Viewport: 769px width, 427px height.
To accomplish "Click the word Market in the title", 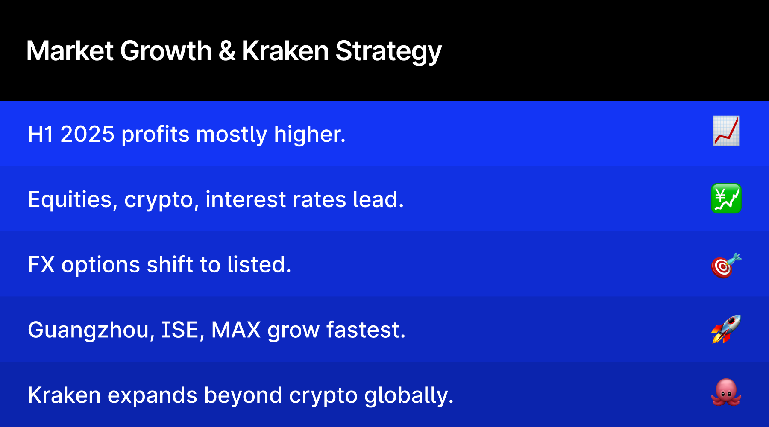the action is click(x=70, y=51).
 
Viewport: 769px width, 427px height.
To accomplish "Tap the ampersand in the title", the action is click(x=227, y=51).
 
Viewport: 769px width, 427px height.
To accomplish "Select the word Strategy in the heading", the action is click(x=388, y=53).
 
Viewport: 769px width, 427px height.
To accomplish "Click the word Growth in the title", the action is click(x=166, y=51).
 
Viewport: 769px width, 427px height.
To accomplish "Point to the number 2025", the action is click(x=88, y=134).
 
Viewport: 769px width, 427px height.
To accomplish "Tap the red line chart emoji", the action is click(x=726, y=131).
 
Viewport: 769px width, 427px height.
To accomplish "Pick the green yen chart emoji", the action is click(x=726, y=199).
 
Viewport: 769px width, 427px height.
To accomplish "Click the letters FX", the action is click(x=41, y=265).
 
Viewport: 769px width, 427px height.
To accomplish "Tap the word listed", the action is click(x=259, y=265).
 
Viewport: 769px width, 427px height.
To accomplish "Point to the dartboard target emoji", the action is click(x=726, y=265).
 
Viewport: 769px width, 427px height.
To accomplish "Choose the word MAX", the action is click(x=236, y=330).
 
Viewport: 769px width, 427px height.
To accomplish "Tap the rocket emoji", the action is click(x=726, y=329).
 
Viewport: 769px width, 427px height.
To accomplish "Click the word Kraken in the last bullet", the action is click(x=64, y=395).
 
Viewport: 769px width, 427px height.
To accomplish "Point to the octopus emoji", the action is click(x=726, y=392).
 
